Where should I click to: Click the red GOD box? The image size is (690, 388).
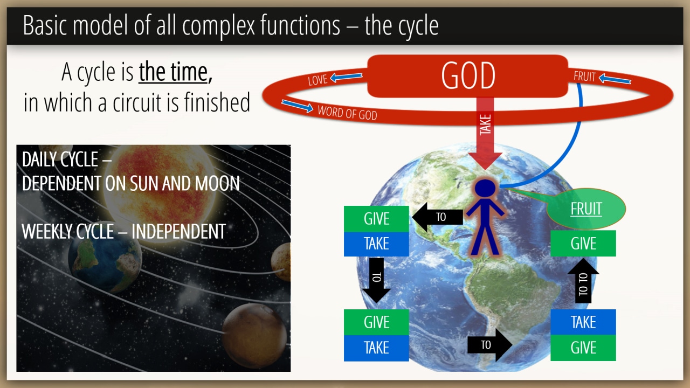[x=467, y=76]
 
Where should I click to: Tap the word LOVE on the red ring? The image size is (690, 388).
[x=318, y=80]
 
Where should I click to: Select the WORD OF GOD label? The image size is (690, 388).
[x=348, y=113]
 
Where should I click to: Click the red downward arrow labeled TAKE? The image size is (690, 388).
[x=485, y=133]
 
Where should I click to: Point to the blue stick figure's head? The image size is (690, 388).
[x=485, y=189]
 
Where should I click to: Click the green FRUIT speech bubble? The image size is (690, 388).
[x=585, y=209]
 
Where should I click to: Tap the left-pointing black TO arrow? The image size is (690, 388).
[x=437, y=217]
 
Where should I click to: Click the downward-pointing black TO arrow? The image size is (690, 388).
[x=376, y=280]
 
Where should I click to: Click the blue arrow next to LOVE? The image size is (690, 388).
[x=346, y=77]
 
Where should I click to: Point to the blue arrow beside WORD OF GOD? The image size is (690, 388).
[x=297, y=106]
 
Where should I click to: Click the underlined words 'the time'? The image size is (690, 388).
[x=174, y=72]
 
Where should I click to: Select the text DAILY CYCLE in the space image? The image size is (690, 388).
[x=60, y=160]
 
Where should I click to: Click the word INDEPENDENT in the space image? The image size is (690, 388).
[x=178, y=231]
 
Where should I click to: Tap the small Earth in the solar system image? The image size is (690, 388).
[x=105, y=259]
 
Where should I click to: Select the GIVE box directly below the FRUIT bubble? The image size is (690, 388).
[x=583, y=243]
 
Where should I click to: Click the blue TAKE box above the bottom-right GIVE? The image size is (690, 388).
[x=583, y=322]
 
